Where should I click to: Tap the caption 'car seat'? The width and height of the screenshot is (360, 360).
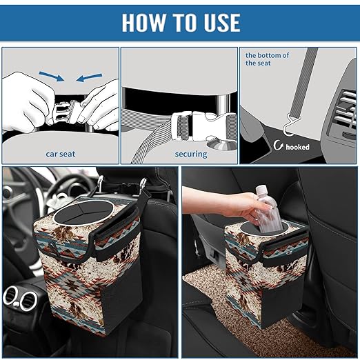click(x=61, y=154)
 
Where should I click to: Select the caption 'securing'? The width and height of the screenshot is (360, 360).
click(x=190, y=154)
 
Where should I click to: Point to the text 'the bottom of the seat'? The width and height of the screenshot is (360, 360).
click(x=268, y=59)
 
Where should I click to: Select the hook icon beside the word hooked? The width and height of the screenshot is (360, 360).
click(x=279, y=146)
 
